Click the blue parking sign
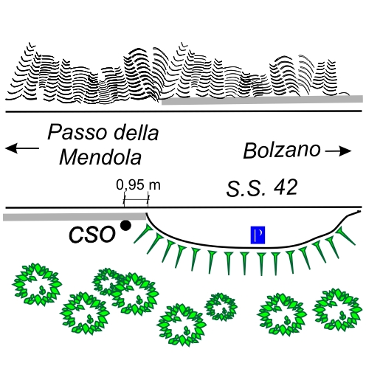[x=258, y=235]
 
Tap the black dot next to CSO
[x=125, y=225]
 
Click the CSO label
[x=92, y=235]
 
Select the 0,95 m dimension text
[x=138, y=185]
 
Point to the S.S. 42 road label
[x=262, y=188]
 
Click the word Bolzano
[x=282, y=151]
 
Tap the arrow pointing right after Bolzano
[x=339, y=151]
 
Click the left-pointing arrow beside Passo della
[x=22, y=148]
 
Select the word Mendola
[x=100, y=157]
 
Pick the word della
[x=136, y=132]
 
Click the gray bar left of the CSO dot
[x=75, y=217]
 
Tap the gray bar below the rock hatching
[x=262, y=100]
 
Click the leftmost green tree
[x=37, y=284]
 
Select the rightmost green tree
[x=338, y=310]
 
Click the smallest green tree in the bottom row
[x=221, y=307]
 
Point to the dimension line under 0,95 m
[x=136, y=200]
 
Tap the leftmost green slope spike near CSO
[x=142, y=233]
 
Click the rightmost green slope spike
[x=346, y=235]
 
